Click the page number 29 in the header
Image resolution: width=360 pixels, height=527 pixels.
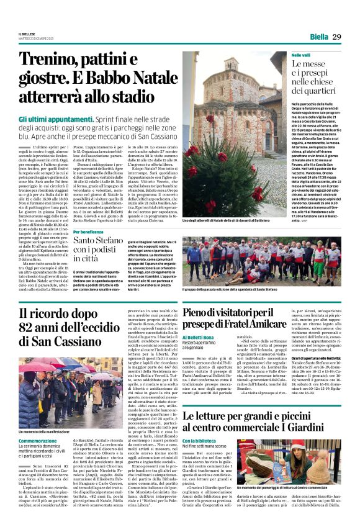[x=337, y=37]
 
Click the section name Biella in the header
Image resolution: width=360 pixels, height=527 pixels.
[x=318, y=37]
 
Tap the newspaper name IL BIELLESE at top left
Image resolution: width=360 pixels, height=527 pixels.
[x=27, y=35]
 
